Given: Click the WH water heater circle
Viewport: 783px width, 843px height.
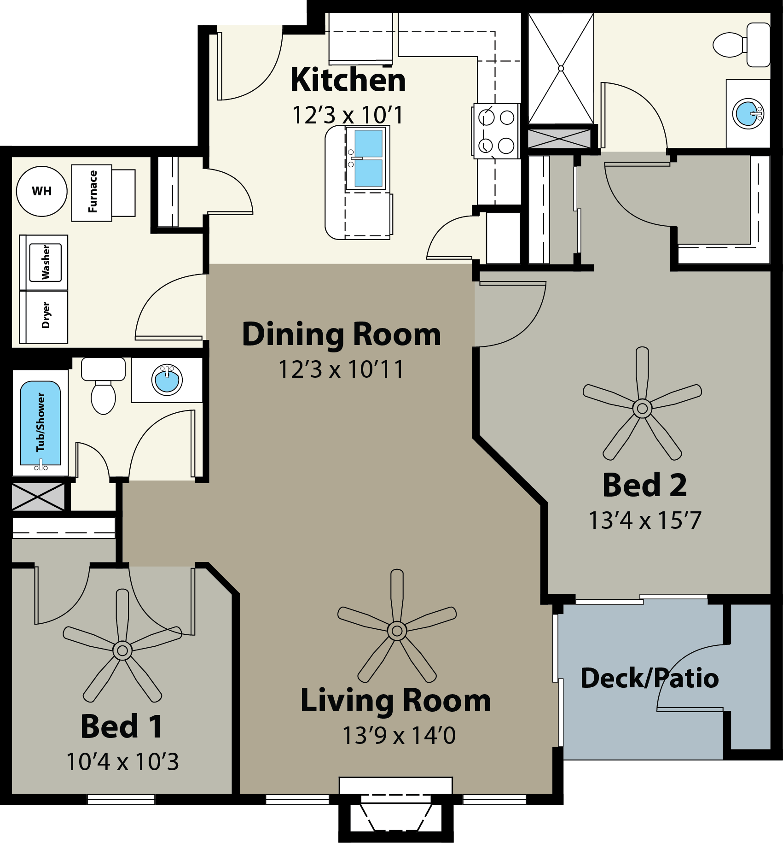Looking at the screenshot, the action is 42,191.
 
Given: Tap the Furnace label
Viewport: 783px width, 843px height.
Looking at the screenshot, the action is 93,192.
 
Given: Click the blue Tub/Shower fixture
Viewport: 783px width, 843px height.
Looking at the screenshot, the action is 41,423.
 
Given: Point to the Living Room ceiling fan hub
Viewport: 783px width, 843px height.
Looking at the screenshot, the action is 397,631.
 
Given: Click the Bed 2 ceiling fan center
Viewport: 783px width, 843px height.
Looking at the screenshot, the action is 642,408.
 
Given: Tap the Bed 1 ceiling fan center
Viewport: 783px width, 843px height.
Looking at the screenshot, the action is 122,650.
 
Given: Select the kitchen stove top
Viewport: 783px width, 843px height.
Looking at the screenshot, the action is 496,131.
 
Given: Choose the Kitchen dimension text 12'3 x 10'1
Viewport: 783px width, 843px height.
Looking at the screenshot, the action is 348,115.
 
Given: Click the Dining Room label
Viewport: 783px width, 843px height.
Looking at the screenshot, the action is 342,335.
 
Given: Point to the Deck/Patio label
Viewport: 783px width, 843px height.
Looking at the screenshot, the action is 650,678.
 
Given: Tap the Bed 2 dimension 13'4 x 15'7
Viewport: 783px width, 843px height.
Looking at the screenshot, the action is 645,521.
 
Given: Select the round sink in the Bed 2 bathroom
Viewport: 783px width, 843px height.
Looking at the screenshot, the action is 748,113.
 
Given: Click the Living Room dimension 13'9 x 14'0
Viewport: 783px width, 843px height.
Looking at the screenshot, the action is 399,736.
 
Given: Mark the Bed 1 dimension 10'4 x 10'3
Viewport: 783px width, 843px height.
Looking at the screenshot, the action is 122,762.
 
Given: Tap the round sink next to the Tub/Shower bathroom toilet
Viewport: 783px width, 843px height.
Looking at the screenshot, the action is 167,380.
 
